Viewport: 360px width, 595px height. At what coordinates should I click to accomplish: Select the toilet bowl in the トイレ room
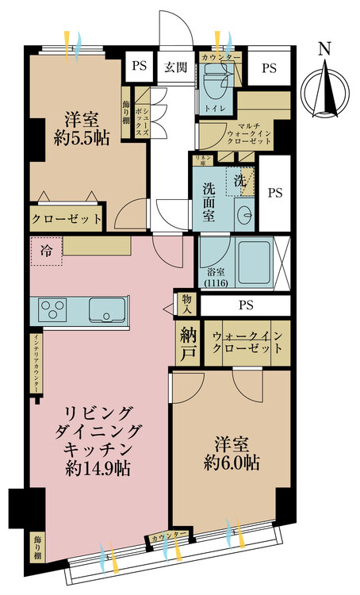212,80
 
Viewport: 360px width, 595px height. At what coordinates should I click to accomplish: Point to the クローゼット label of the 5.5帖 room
67,218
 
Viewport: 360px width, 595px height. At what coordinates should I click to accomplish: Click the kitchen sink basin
107,308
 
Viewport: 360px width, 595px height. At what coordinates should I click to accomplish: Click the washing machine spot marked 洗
239,180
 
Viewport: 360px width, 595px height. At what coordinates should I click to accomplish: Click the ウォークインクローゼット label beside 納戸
247,343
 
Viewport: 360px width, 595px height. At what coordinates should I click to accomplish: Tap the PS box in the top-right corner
269,67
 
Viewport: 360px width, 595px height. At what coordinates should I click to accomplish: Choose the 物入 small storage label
186,304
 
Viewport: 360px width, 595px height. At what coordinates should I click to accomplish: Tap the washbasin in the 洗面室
244,214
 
